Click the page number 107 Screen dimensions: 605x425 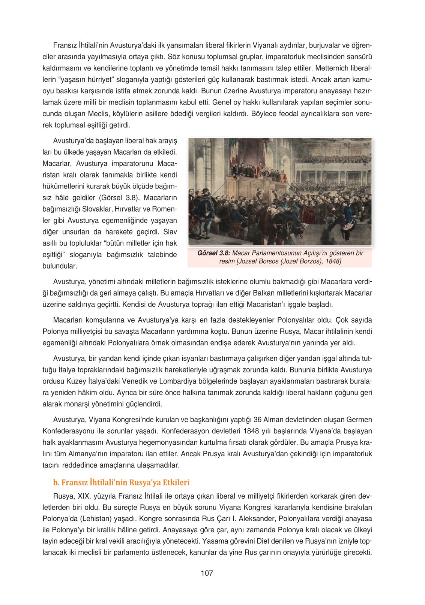pyautogui.click(x=207, y=573)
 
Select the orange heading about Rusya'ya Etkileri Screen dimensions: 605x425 pyautogui.click(x=122, y=482)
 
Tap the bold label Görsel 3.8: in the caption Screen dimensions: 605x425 pyautogui.click(x=213, y=253)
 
